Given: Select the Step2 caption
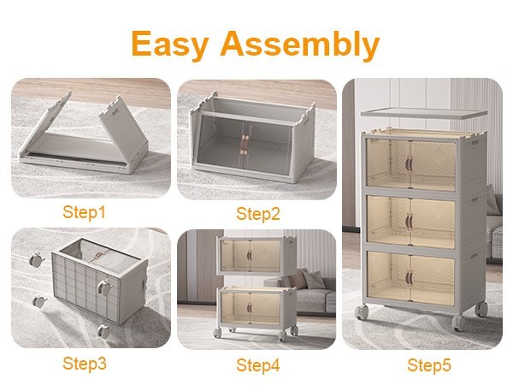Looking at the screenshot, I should coord(258,214).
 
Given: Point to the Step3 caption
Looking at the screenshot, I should coord(85,364).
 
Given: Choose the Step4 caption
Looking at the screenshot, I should coord(258,365).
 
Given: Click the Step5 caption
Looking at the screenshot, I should coord(429,365).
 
